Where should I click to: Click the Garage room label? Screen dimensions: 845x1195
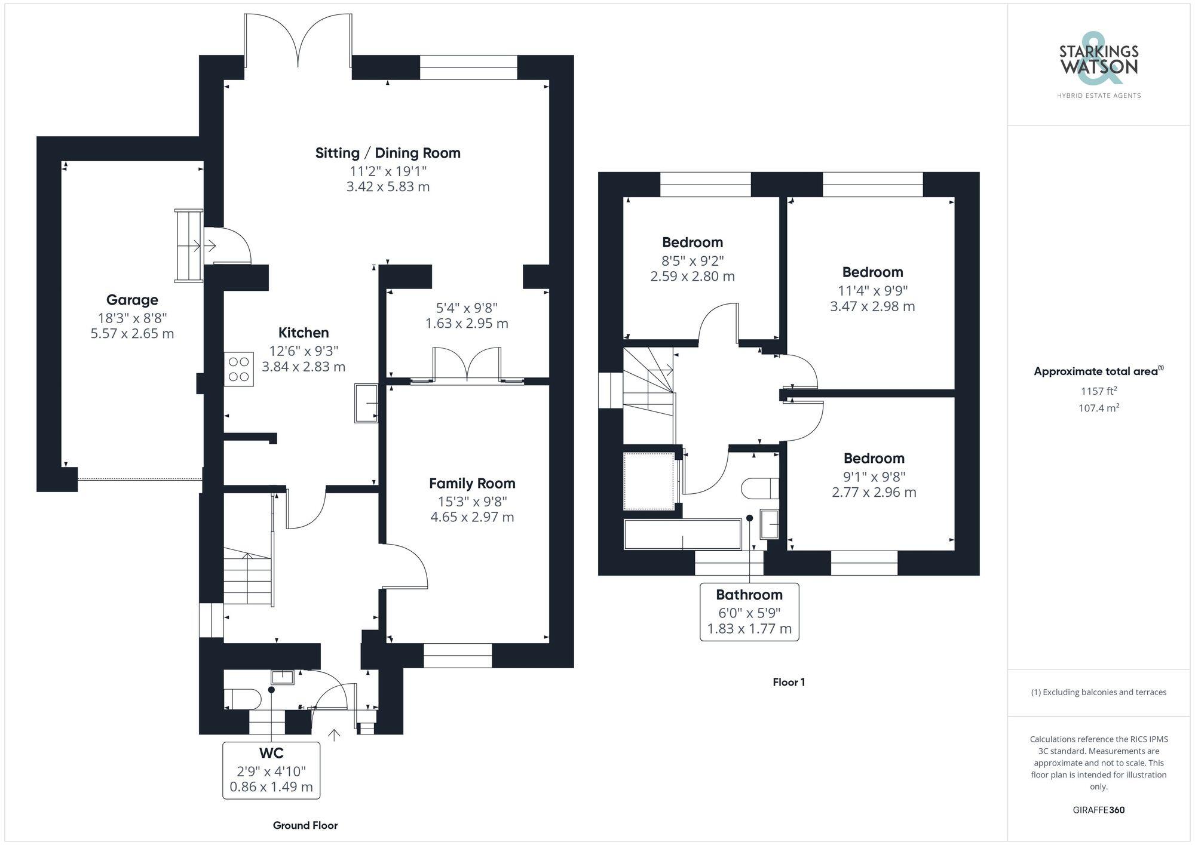tap(132, 300)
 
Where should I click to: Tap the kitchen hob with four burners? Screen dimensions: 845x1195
tap(238, 369)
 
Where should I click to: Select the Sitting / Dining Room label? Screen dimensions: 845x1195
tap(388, 153)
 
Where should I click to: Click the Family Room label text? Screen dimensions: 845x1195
tap(472, 483)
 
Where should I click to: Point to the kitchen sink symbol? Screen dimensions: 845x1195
tap(366, 403)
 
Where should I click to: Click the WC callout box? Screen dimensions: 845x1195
tap(271, 770)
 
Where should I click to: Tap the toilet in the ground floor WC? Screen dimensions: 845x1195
tap(242, 699)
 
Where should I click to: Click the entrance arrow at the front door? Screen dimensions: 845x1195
tap(334, 735)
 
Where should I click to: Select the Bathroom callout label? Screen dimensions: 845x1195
tap(749, 612)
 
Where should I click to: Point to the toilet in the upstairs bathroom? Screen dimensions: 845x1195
tap(760, 488)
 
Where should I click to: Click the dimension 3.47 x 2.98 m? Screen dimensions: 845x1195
tap(872, 306)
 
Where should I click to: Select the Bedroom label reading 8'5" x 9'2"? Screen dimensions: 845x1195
tap(693, 242)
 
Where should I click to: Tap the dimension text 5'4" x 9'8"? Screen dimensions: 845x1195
tap(467, 308)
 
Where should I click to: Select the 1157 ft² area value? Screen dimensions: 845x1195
tap(1098, 391)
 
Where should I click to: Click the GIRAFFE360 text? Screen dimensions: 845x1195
tap(1098, 810)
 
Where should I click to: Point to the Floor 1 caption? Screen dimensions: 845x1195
tap(789, 682)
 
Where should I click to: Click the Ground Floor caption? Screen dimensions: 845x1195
tap(305, 825)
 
